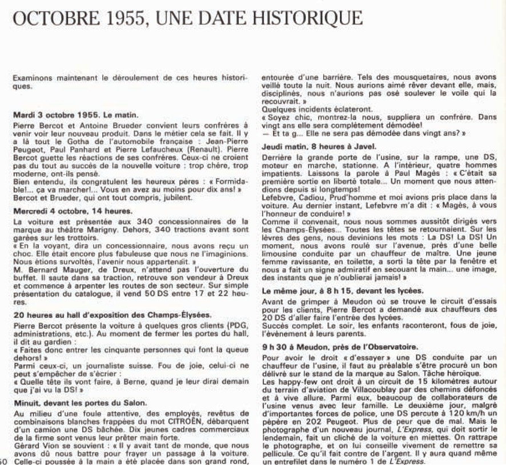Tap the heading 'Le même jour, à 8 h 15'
[x=343, y=290]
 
